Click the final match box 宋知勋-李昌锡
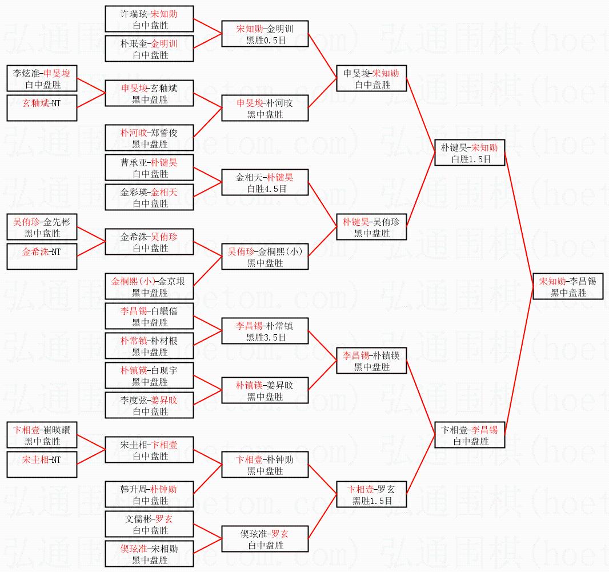pos(567,287)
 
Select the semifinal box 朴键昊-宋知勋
pos(470,153)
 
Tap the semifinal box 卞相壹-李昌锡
pos(470,435)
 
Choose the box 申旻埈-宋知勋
pos(371,78)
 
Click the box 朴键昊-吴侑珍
pos(371,227)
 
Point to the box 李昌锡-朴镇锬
pos(371,361)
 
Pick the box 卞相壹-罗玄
pos(371,494)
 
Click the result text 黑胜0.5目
pos(266,41)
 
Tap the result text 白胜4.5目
pos(266,189)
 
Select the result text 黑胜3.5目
pos(266,338)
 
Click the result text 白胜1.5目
pos(470,159)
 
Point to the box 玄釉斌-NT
pos(42,108)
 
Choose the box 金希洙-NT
pos(42,257)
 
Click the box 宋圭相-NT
pos(42,465)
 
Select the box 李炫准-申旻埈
pos(42,78)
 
